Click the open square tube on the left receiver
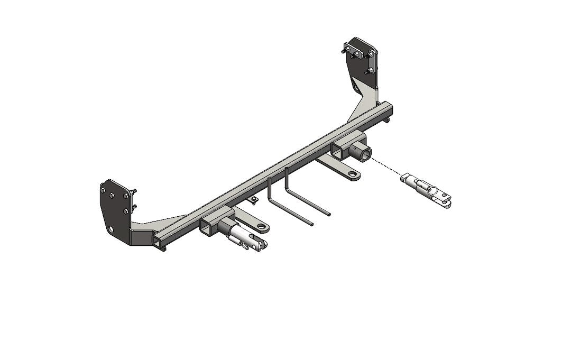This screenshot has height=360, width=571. [207, 228]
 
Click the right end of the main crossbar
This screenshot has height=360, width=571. [390, 110]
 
